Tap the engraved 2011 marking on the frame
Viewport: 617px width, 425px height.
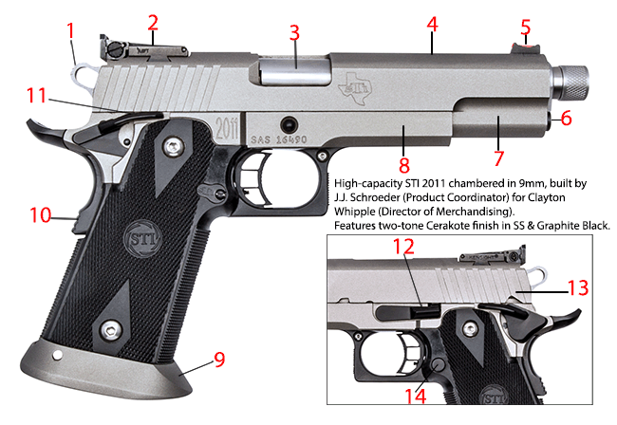coord(227,126)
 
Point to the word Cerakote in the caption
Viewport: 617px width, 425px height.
coord(439,225)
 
